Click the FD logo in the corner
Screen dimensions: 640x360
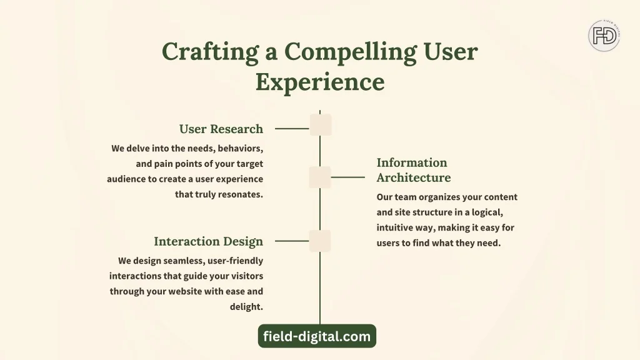(604, 36)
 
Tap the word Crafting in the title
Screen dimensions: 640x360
(210, 52)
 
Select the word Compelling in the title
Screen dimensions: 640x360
(350, 52)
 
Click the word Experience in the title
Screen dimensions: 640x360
(320, 82)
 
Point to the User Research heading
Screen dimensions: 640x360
(221, 129)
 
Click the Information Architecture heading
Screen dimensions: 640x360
(414, 170)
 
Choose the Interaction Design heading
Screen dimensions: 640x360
(209, 242)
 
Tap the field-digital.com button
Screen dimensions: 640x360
(317, 336)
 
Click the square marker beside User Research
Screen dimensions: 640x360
(321, 125)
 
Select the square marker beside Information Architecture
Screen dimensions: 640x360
(320, 177)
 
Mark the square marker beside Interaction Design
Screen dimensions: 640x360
(320, 241)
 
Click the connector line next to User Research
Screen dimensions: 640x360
(292, 129)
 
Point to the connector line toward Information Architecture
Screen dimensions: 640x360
(347, 177)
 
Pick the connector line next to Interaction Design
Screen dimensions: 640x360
(292, 241)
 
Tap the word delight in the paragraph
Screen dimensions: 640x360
(246, 306)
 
